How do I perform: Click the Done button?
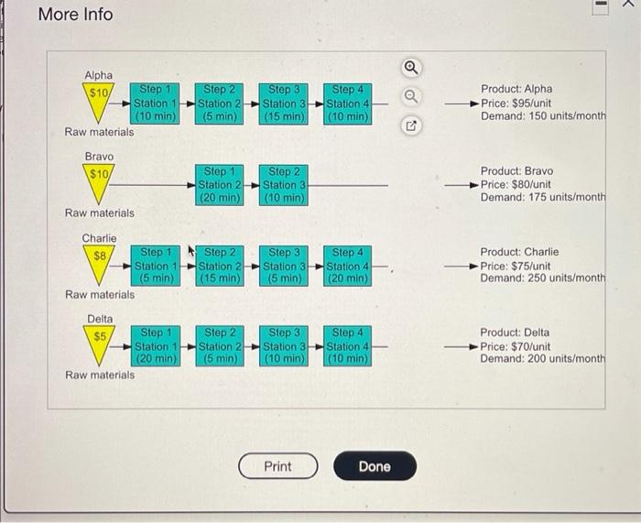(375, 466)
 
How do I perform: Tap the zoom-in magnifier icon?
(411, 68)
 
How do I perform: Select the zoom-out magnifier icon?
(411, 96)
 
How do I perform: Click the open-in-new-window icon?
(411, 126)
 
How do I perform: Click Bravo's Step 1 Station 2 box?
(220, 185)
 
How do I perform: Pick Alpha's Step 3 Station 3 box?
(284, 104)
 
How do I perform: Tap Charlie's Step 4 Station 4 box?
(347, 266)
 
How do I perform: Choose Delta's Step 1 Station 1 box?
(156, 346)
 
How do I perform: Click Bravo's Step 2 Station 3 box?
(284, 185)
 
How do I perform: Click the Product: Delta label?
(515, 332)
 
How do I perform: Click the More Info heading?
(76, 15)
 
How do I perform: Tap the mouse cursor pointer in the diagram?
(190, 250)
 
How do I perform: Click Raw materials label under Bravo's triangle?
(100, 213)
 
